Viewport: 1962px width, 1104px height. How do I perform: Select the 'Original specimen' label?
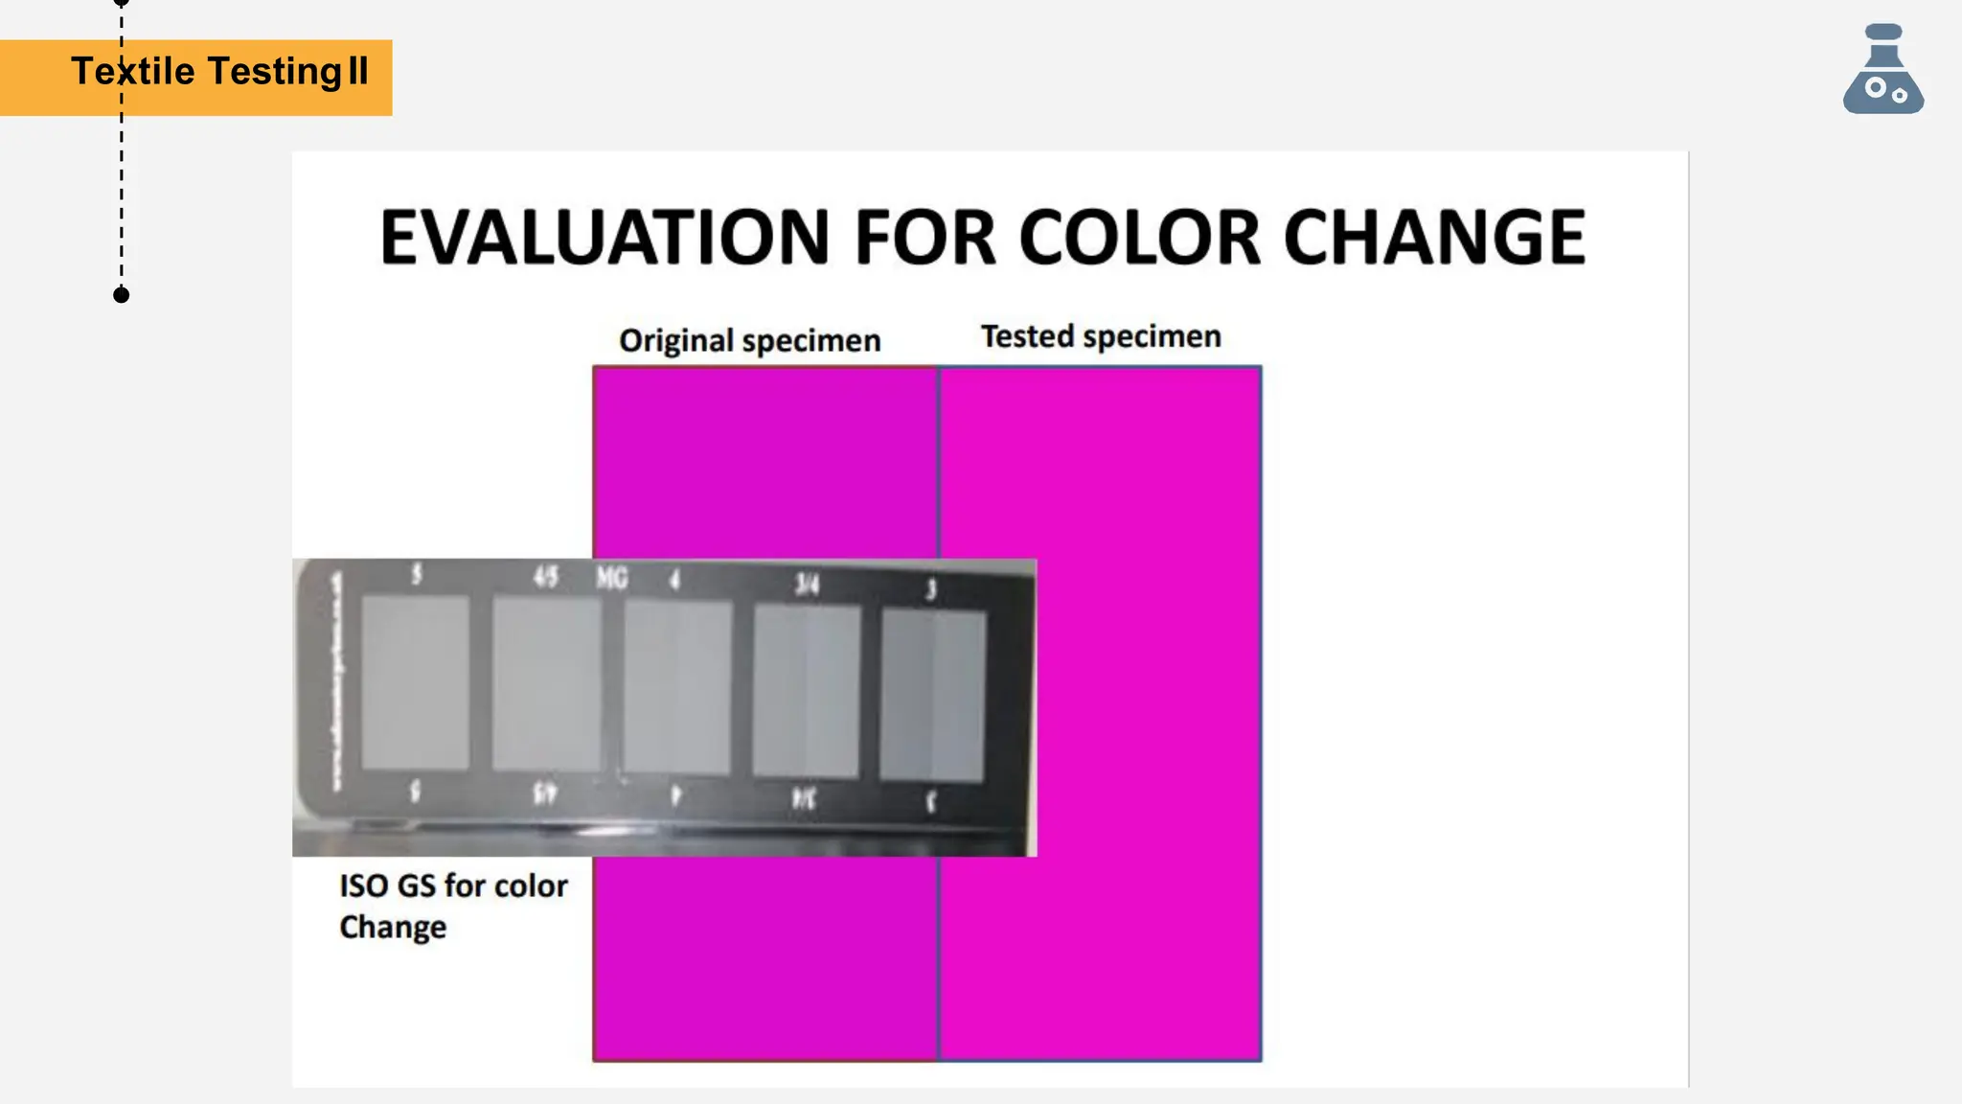point(749,341)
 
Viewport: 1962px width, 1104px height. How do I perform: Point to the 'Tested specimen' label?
point(1101,336)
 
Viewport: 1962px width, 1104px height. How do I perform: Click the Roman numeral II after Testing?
point(358,72)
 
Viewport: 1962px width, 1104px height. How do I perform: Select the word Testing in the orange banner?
point(274,72)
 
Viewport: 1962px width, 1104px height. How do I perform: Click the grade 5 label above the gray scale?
point(416,574)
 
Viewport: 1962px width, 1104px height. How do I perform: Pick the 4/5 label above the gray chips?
point(545,576)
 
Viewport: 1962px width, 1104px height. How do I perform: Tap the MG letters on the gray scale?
point(612,578)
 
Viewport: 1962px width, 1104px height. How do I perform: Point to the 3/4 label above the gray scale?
point(808,584)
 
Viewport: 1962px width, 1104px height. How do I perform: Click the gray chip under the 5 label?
point(416,681)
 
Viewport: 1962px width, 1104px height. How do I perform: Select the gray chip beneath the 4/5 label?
point(546,683)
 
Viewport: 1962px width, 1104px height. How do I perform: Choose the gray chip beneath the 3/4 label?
point(807,690)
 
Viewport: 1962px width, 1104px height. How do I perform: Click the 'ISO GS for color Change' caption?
point(453,906)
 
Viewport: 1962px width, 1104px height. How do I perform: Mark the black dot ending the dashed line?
point(122,295)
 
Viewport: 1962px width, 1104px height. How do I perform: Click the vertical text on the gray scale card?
point(336,681)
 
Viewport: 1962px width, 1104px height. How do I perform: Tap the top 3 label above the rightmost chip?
point(930,588)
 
